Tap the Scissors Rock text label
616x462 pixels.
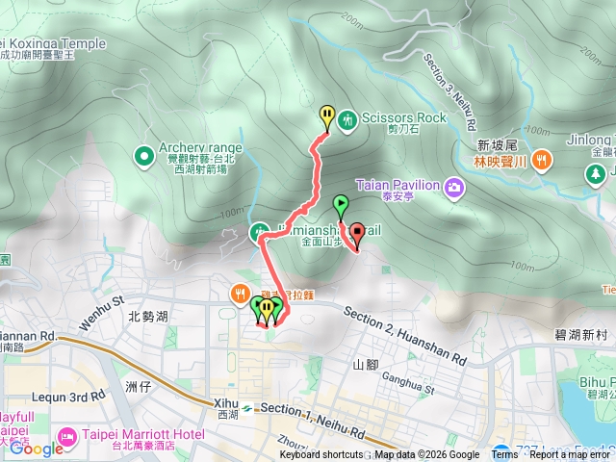pyautogui.click(x=405, y=117)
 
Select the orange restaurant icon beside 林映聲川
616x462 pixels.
pyautogui.click(x=542, y=159)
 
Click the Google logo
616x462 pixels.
pyautogui.click(x=37, y=448)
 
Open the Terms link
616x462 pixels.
pyautogui.click(x=504, y=455)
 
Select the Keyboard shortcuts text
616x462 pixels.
pyautogui.click(x=321, y=455)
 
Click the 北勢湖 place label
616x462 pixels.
pyautogui.click(x=147, y=316)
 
